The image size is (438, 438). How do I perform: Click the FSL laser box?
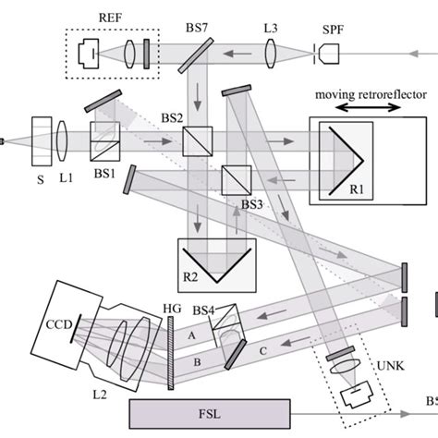point(210,414)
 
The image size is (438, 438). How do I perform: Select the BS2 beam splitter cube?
point(198,141)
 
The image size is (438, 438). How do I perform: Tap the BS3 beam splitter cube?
point(237,180)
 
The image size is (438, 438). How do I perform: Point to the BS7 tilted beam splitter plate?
point(196,55)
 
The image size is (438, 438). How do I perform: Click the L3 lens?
point(271,54)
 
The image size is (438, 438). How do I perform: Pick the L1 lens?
point(62,141)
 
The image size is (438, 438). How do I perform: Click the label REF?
point(110,18)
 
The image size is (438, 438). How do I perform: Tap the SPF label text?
point(333,30)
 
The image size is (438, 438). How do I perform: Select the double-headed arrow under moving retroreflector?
point(368,107)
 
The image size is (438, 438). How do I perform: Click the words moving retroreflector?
point(371,94)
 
